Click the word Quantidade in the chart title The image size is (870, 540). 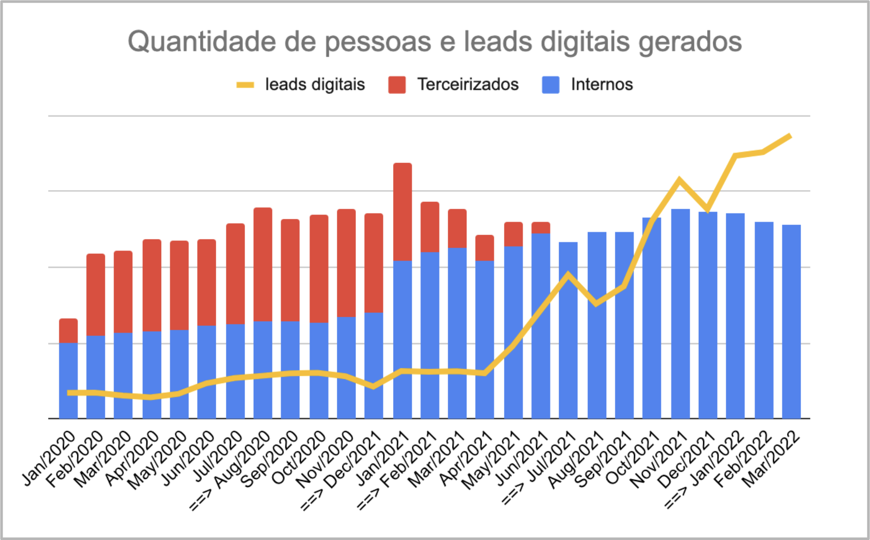(201, 42)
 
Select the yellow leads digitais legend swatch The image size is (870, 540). (245, 85)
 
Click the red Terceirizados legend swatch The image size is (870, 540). (397, 85)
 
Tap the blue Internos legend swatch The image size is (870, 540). (550, 85)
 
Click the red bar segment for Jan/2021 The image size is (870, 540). (402, 212)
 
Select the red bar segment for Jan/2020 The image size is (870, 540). (68, 331)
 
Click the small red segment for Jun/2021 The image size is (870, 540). (541, 228)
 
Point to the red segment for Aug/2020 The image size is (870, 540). (263, 264)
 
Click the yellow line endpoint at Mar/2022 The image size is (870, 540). (790, 136)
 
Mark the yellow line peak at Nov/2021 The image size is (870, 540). (680, 180)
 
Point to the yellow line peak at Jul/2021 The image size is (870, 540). (568, 275)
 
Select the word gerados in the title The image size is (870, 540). (690, 42)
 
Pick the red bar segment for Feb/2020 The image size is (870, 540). (96, 294)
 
